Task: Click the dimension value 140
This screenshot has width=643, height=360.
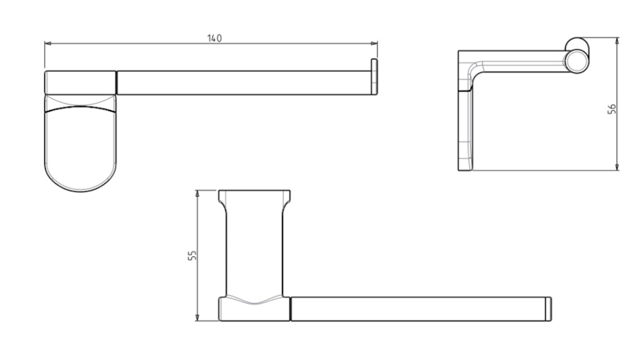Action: click(x=215, y=39)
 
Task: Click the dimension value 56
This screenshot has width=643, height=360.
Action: click(x=612, y=109)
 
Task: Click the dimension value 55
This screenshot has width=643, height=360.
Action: click(x=192, y=256)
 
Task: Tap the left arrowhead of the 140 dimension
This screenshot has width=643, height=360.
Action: click(x=47, y=43)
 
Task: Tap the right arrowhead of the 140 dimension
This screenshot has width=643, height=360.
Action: click(x=375, y=43)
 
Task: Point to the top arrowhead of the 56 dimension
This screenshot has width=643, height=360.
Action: click(x=617, y=41)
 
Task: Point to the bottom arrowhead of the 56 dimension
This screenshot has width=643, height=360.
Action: click(x=617, y=167)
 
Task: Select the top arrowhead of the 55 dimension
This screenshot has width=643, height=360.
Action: click(x=197, y=193)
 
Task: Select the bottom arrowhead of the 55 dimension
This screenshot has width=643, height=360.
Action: click(x=197, y=317)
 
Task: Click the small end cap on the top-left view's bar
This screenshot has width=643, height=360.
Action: click(x=374, y=76)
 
